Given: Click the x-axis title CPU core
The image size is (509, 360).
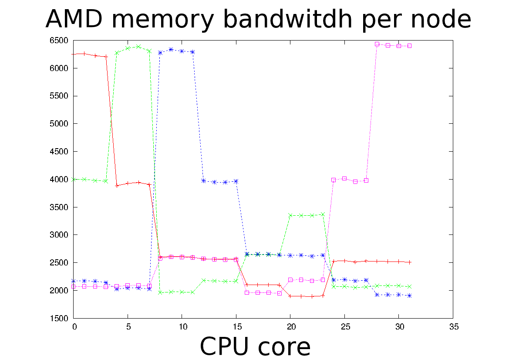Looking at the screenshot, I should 255,347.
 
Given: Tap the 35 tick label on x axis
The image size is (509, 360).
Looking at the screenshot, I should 453,326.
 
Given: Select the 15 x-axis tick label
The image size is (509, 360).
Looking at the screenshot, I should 236,326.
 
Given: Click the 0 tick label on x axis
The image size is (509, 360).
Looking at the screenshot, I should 74,326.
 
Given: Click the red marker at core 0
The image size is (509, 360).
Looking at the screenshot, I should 74,54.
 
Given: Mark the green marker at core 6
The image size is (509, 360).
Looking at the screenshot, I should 138,46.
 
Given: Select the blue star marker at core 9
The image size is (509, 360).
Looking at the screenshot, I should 171,50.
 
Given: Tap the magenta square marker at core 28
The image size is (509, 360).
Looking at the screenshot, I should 377,44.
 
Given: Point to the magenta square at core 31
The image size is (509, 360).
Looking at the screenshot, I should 409,45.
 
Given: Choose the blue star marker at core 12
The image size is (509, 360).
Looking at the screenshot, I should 203,180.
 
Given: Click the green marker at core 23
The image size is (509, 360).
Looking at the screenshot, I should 323,214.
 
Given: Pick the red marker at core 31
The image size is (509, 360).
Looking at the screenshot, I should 409,262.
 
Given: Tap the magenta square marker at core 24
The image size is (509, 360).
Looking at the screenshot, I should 334,180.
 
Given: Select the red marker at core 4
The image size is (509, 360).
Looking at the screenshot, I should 117,186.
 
